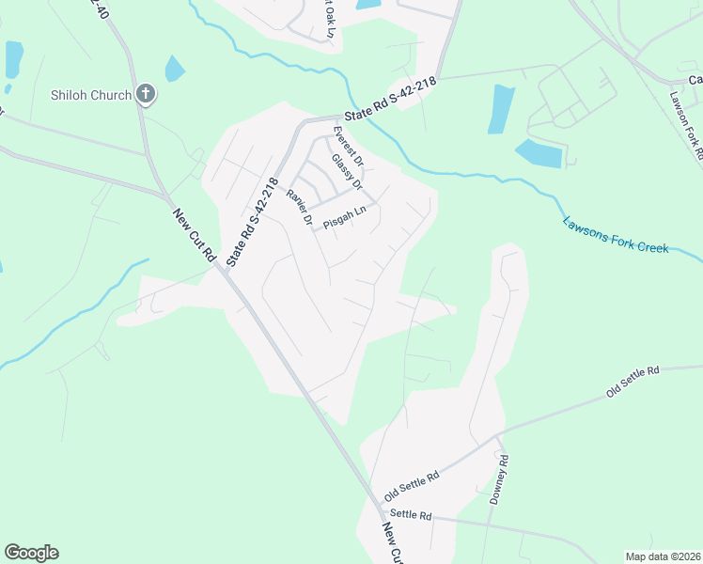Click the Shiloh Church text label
[x=91, y=94]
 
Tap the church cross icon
[x=145, y=94]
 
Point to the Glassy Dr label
[x=347, y=171]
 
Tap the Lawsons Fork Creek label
[x=615, y=236]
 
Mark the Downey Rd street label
[x=498, y=480]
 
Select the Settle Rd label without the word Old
[x=410, y=516]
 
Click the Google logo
[x=31, y=553]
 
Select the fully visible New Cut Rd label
[x=194, y=236]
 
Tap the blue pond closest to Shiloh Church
[x=175, y=69]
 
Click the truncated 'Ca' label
[x=695, y=80]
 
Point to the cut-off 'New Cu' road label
[x=393, y=544]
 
